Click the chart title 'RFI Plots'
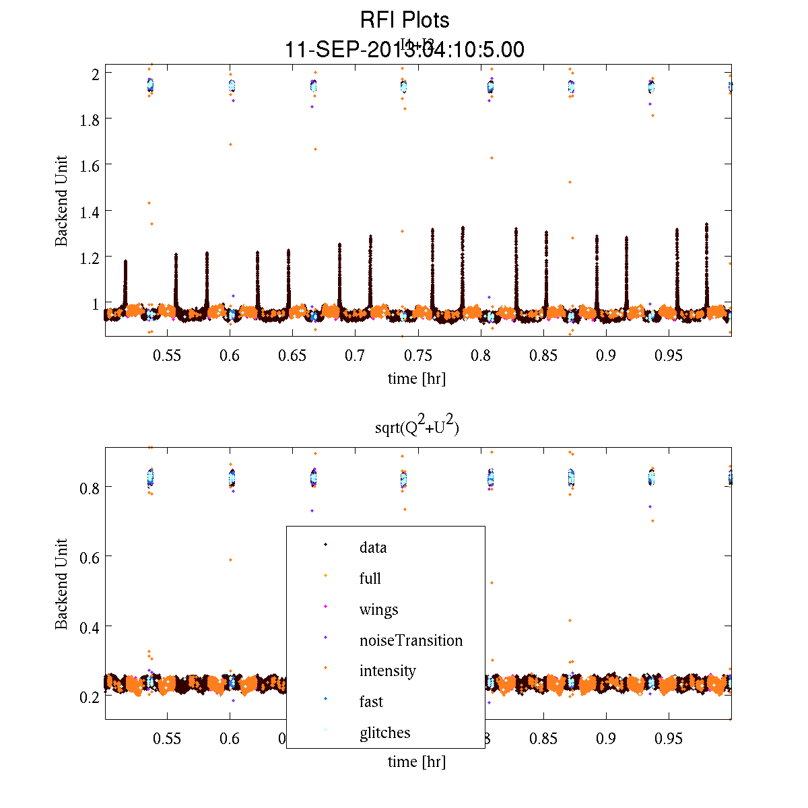click(x=405, y=20)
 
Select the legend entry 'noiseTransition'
click(x=411, y=640)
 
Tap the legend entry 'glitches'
click(x=384, y=733)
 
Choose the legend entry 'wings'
click(x=378, y=610)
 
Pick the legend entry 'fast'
click(x=371, y=702)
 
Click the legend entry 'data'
click(x=373, y=547)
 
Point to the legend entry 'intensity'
click(x=387, y=671)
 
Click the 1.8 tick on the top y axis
click(x=88, y=119)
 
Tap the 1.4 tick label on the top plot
click(x=88, y=212)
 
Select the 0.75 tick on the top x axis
click(x=417, y=356)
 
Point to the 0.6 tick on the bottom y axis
click(x=88, y=558)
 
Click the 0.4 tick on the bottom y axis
click(x=88, y=628)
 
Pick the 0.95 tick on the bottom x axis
click(x=669, y=739)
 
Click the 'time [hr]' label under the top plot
click(x=416, y=378)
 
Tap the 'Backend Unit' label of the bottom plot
click(x=61, y=584)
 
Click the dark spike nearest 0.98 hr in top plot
click(x=706, y=263)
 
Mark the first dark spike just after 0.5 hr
click(x=125, y=283)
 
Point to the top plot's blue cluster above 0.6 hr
click(x=232, y=86)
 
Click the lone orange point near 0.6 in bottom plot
click(x=230, y=560)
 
